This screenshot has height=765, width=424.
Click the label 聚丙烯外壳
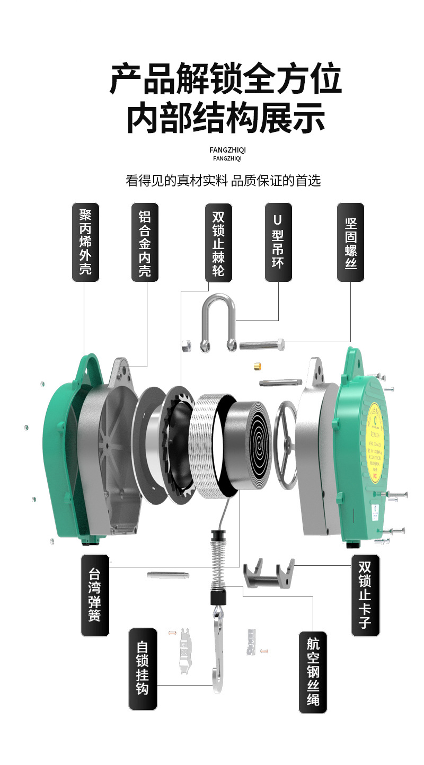(85, 242)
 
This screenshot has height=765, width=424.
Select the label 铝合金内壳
(145, 242)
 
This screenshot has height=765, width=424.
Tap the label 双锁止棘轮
(218, 242)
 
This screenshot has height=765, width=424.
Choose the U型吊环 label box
(278, 242)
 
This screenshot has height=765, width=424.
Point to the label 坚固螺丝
(350, 242)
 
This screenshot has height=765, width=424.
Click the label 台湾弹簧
(95, 595)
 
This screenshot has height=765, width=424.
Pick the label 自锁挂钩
(143, 669)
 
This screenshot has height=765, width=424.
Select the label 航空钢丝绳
(313, 672)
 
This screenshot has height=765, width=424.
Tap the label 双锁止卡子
(365, 595)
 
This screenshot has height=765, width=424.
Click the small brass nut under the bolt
(257, 366)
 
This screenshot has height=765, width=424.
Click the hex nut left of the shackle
(186, 345)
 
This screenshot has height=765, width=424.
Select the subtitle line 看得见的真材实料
(223, 180)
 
